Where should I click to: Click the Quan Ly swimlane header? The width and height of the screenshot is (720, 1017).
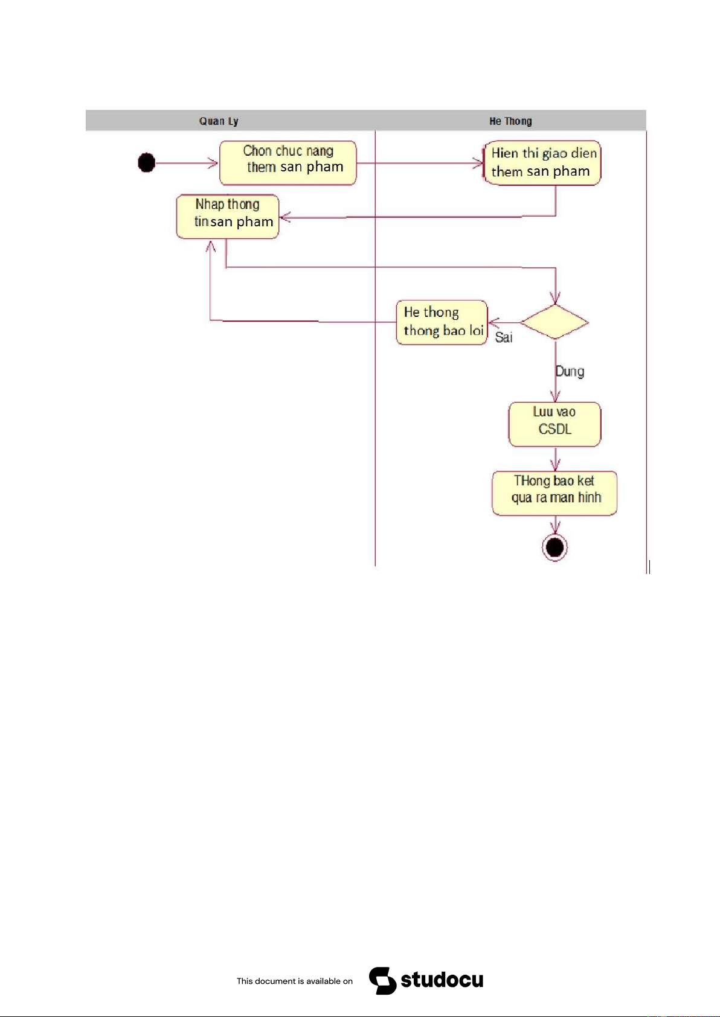(219, 121)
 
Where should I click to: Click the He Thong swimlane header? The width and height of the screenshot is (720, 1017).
(510, 121)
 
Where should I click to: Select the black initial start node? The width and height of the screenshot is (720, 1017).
(147, 162)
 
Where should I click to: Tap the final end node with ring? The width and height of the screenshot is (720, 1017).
(554, 547)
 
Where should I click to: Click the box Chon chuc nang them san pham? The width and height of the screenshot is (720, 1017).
(288, 163)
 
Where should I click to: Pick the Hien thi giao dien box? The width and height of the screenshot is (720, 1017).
(542, 163)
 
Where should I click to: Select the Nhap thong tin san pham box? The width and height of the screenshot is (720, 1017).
(228, 216)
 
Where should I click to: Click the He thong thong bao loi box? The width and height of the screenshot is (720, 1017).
(442, 322)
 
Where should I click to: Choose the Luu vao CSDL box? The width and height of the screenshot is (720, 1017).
(554, 424)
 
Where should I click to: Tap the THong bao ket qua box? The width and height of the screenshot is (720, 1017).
(554, 493)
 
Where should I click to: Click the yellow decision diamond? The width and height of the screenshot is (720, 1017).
(554, 322)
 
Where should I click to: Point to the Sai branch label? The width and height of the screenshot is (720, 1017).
(504, 337)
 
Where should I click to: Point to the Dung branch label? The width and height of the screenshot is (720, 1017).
(570, 371)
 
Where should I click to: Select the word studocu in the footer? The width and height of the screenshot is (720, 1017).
(442, 980)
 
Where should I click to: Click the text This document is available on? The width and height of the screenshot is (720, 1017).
(295, 981)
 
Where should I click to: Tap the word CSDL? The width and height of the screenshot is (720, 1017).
(554, 429)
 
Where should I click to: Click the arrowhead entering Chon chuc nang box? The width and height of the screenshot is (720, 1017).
(213, 163)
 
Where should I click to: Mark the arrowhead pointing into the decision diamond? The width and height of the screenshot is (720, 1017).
(555, 298)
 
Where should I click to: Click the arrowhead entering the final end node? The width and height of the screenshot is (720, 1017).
(555, 529)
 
